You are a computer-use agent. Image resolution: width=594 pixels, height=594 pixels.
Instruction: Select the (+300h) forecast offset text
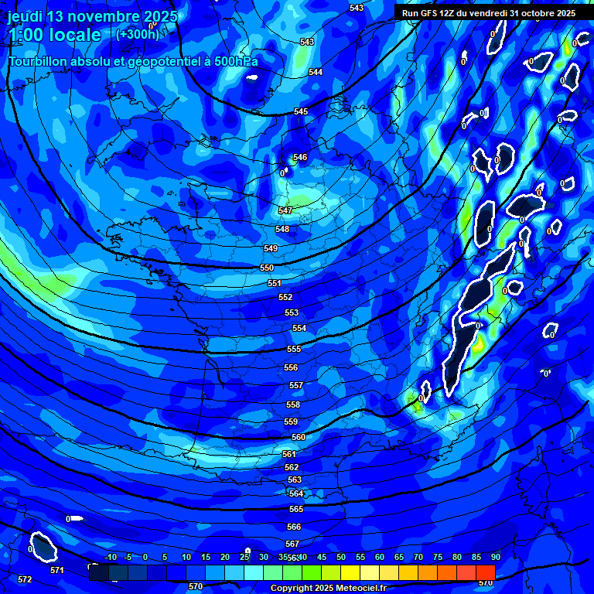pos(137,34)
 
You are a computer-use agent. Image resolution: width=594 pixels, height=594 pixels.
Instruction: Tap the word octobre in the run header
pos(548,13)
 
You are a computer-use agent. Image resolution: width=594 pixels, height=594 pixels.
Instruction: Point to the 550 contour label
pos(267,268)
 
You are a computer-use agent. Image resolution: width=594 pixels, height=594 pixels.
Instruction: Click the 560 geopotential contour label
pos(299,437)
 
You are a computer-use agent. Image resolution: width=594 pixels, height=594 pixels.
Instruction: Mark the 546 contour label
pos(300,157)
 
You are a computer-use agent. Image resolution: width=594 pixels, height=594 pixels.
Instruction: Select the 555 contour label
pos(293,349)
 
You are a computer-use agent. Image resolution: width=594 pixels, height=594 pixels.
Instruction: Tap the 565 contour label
pos(296,509)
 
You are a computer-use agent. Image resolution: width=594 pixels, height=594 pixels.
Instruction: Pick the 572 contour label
pos(25,579)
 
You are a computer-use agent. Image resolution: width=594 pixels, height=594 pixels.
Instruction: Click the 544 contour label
pos(316,72)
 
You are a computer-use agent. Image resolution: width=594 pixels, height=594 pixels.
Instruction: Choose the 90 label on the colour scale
pos(495,557)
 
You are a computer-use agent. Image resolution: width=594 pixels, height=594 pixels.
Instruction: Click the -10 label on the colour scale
pos(111,557)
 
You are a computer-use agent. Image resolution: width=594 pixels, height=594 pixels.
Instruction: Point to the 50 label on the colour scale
pos(340,557)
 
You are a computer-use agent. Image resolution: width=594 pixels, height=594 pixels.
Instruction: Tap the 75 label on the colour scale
pos(437,557)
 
